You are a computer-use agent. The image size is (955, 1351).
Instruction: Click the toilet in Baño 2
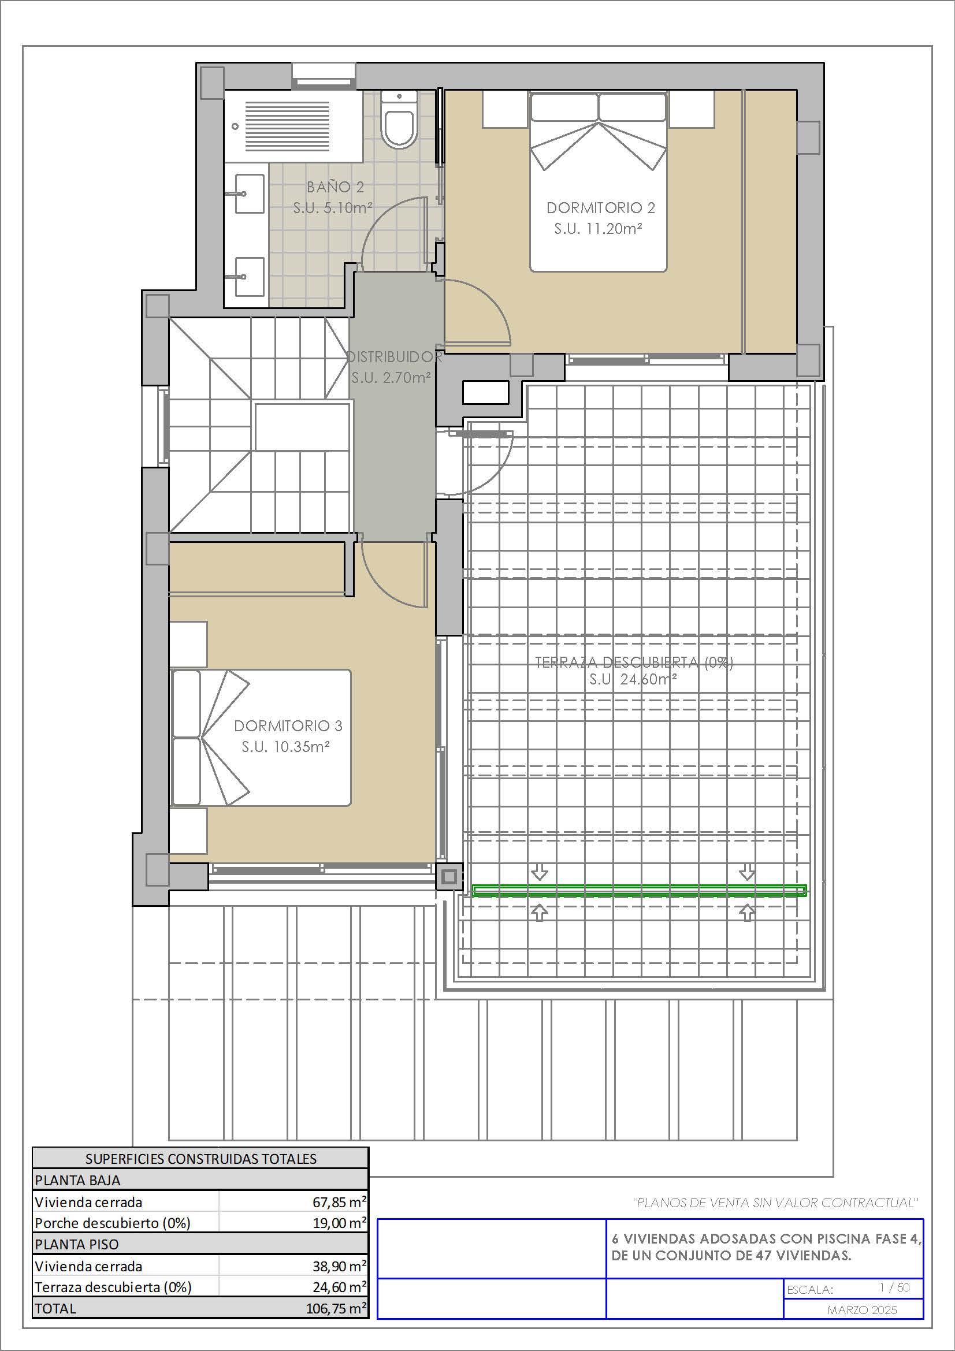pyautogui.click(x=399, y=120)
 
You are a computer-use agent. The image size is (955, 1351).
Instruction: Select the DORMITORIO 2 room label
pyautogui.click(x=601, y=208)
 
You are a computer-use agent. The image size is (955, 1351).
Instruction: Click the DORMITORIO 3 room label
pyautogui.click(x=288, y=726)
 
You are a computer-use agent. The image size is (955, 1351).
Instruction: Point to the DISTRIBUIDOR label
pyautogui.click(x=394, y=357)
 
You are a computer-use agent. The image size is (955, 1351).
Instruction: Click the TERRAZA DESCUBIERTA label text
pyautogui.click(x=634, y=663)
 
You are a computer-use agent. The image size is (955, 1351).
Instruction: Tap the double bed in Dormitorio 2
pyautogui.click(x=599, y=181)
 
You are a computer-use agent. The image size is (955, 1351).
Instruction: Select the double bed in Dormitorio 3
pyautogui.click(x=261, y=737)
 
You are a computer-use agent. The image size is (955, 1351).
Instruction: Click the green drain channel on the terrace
pyautogui.click(x=639, y=890)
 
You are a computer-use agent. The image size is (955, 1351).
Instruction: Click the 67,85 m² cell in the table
pyautogui.click(x=340, y=1202)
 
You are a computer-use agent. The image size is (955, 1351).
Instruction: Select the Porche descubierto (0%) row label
pyautogui.click(x=113, y=1223)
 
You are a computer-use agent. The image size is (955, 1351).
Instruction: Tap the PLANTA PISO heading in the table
pyautogui.click(x=76, y=1245)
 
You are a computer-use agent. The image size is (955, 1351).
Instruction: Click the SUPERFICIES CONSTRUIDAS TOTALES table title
pyautogui.click(x=200, y=1159)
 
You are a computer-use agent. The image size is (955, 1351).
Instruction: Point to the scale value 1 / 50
pyautogui.click(x=894, y=1288)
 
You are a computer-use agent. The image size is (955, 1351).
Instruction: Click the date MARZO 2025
pyautogui.click(x=862, y=1310)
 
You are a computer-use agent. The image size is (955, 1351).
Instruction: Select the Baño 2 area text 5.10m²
pyautogui.click(x=348, y=208)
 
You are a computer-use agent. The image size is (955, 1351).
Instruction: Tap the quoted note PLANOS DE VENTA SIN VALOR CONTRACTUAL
pyautogui.click(x=775, y=1203)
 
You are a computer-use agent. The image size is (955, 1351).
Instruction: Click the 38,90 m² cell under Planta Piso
pyautogui.click(x=340, y=1266)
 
